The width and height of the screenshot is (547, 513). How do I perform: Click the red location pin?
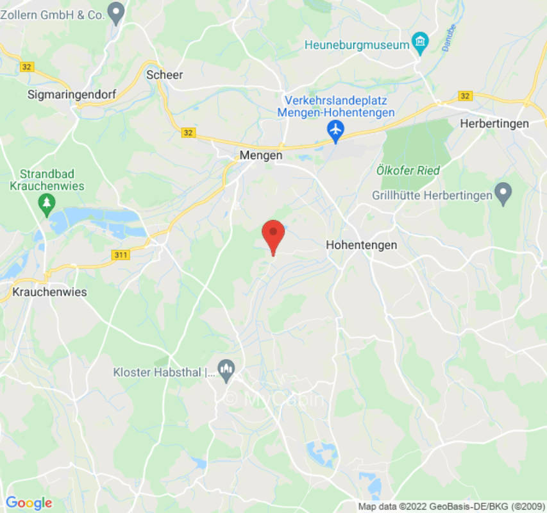coord(274,235)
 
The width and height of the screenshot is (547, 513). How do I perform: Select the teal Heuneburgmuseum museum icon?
coord(420,43)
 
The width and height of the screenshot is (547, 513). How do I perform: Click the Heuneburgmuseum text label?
coord(357,45)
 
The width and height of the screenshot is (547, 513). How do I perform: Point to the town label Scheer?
coord(165,75)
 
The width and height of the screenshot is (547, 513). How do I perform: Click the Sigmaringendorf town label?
coord(72,94)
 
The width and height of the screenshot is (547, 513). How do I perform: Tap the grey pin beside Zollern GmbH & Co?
coord(116,12)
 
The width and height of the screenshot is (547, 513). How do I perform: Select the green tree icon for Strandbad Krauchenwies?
coord(46,204)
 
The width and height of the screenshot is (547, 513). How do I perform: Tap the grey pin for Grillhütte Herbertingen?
coord(503,192)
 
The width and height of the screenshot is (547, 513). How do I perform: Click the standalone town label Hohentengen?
coord(361,245)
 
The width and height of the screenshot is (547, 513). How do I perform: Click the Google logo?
coord(29,503)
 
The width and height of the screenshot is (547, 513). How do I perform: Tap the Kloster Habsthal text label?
coord(163,372)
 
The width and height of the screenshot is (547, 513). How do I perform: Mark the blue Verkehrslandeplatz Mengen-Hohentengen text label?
coord(336,106)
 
